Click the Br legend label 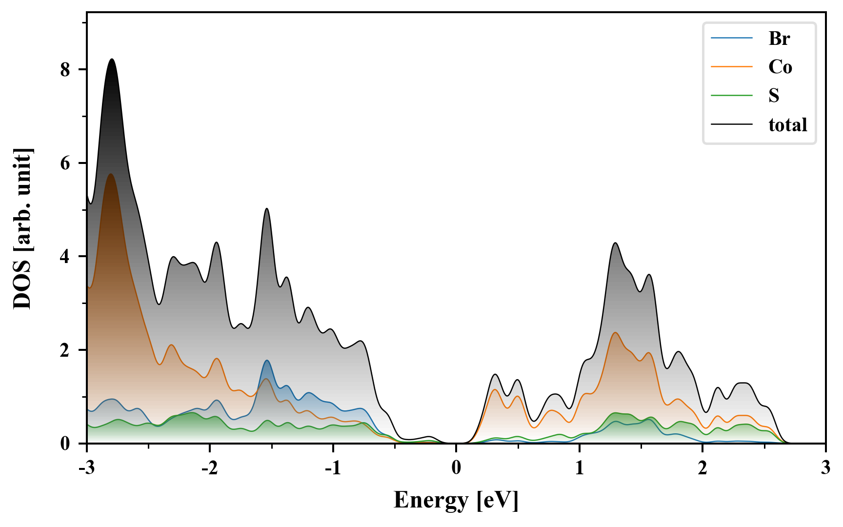[x=779, y=39]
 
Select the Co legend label [x=780, y=67]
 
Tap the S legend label [x=774, y=96]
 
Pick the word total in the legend [x=787, y=125]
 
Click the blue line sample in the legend [x=732, y=39]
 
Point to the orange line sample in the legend [x=732, y=67]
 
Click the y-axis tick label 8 [x=65, y=70]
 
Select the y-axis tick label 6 [x=65, y=163]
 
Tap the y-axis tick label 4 [x=65, y=257]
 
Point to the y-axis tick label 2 [x=65, y=350]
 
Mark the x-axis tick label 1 [x=580, y=468]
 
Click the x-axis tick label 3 [x=825, y=468]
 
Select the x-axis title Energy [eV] [x=456, y=500]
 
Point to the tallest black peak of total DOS [x=112, y=60]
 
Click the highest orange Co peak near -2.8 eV [x=111, y=174]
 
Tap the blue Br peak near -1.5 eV [x=267, y=361]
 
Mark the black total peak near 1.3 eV [x=616, y=243]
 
